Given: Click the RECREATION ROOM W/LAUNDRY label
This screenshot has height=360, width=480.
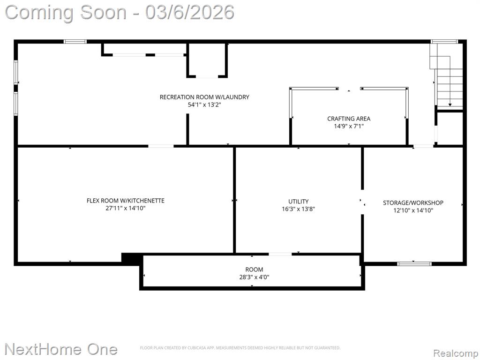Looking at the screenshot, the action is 204,97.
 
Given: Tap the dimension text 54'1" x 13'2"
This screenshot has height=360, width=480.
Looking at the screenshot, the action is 204,105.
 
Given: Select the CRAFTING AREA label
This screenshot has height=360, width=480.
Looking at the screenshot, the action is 349,119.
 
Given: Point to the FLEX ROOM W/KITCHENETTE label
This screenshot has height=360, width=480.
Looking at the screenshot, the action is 126,201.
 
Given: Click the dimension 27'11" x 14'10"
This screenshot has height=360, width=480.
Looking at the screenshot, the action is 126,208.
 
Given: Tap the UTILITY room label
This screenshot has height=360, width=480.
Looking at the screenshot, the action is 299,202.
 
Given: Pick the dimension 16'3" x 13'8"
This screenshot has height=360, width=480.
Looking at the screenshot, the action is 299,209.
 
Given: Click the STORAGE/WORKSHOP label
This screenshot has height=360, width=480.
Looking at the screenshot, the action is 413,202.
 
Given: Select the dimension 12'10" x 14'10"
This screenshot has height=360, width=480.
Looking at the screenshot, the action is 413,210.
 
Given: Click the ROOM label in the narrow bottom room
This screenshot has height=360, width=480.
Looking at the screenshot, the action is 254,270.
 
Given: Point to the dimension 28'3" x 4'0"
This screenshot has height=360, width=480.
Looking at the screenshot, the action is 254,277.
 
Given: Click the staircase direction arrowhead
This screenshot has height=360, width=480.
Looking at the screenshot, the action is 450,105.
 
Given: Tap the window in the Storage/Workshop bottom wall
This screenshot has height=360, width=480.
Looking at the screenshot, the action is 414,263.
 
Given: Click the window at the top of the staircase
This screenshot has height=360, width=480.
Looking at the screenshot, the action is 444,42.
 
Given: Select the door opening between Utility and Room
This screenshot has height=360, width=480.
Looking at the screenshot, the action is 280,254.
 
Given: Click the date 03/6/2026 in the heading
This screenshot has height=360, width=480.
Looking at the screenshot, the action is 190,12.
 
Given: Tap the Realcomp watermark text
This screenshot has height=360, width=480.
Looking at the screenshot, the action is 456,353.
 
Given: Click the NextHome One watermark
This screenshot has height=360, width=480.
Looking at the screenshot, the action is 61,349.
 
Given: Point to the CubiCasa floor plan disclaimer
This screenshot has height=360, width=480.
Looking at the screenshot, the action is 240,348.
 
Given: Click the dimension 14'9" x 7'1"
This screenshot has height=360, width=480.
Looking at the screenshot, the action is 349,126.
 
